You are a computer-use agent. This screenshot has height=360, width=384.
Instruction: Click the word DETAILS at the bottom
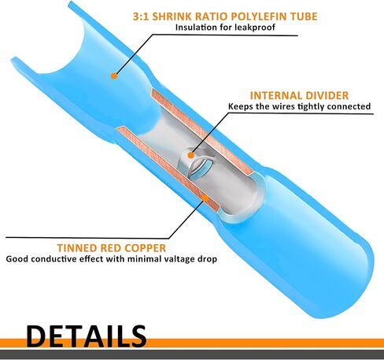86,336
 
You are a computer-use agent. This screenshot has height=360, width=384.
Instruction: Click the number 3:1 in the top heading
141,17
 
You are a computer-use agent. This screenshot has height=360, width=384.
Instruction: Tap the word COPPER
146,248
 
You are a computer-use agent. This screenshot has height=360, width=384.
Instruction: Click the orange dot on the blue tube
114,76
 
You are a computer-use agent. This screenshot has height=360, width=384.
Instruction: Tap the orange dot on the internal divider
191,155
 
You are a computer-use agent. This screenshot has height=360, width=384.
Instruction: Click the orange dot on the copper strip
206,199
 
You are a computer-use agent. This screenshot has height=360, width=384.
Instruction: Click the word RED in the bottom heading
111,248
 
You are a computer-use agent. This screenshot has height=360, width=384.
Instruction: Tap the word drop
206,259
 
